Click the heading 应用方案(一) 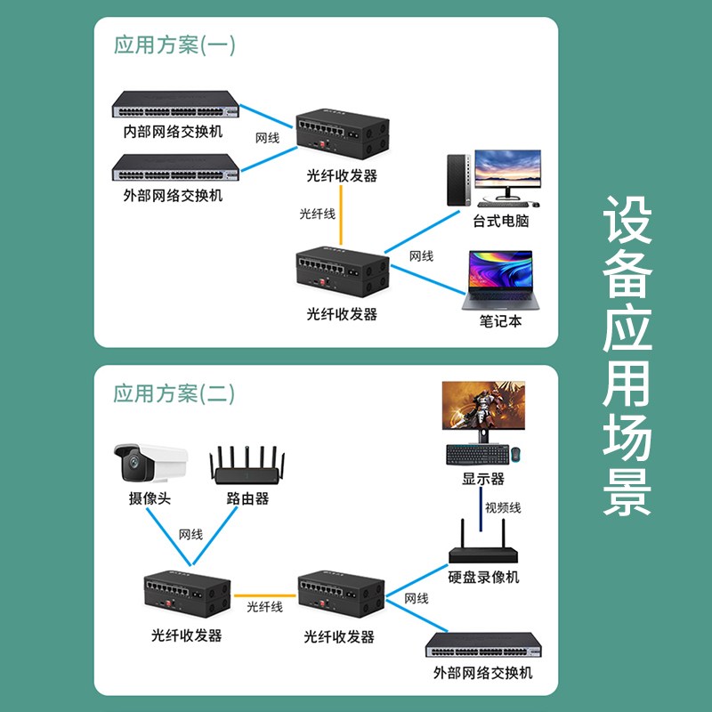pos(174,45)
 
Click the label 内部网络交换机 pos(173,133)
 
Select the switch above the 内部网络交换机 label pos(176,105)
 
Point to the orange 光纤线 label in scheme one pos(318,214)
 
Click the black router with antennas pos(247,469)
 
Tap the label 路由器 pos(247,498)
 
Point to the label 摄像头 pos(150,498)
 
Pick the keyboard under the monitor pos(476,454)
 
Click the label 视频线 pos(503,508)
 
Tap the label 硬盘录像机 pos(483,578)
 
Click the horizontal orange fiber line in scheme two pos(264,594)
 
